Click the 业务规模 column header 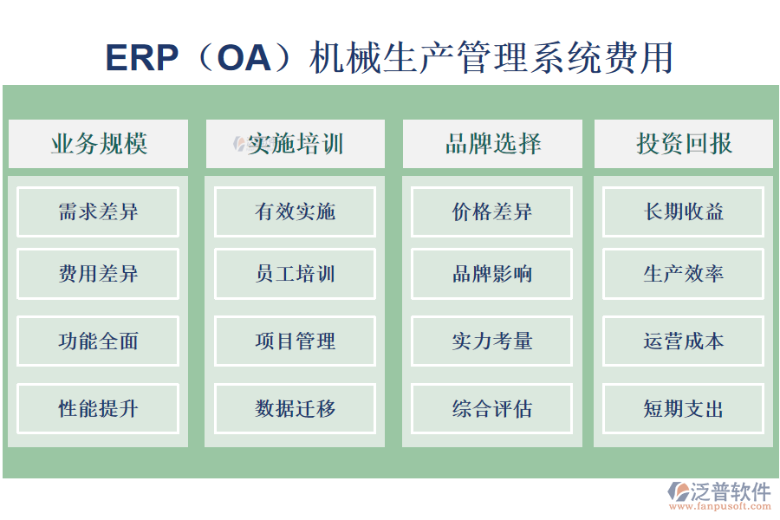(98, 144)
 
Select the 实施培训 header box (295, 144)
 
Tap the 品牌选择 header (492, 144)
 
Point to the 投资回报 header (684, 144)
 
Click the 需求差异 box (98, 211)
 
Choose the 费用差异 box (98, 274)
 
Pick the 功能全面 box (98, 341)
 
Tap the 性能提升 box (98, 408)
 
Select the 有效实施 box (295, 211)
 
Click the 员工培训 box (295, 274)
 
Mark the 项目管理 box (295, 341)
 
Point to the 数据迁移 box (295, 408)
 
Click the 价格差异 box (492, 211)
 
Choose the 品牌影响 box (492, 274)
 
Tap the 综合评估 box (492, 408)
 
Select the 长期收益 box (684, 211)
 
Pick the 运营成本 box (684, 341)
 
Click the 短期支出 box (684, 408)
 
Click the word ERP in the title (141, 58)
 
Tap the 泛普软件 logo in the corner (718, 495)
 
